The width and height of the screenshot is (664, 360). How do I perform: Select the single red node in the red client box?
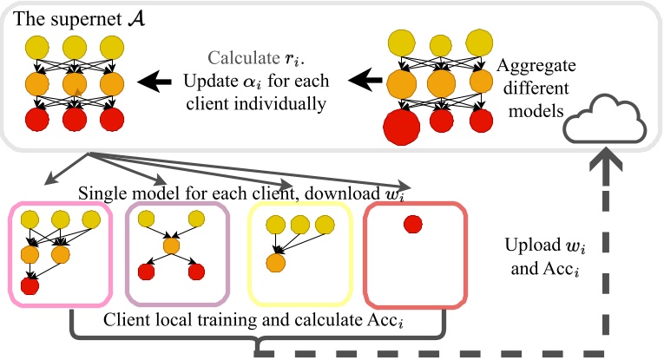coord(413,225)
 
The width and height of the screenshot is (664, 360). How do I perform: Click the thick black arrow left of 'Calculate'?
coord(155,82)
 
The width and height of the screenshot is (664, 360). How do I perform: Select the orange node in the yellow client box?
coord(277,261)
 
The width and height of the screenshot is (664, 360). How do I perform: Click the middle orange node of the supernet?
coord(75,85)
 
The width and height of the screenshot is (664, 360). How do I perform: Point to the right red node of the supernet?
coord(111,119)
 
